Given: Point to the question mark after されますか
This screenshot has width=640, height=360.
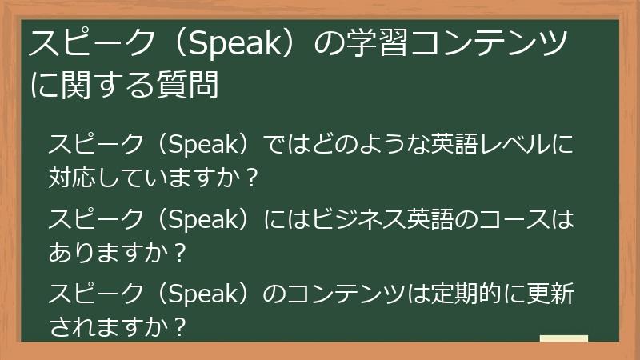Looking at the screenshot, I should pos(181,326).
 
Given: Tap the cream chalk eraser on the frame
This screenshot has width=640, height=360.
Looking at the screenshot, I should pos(563,340).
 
